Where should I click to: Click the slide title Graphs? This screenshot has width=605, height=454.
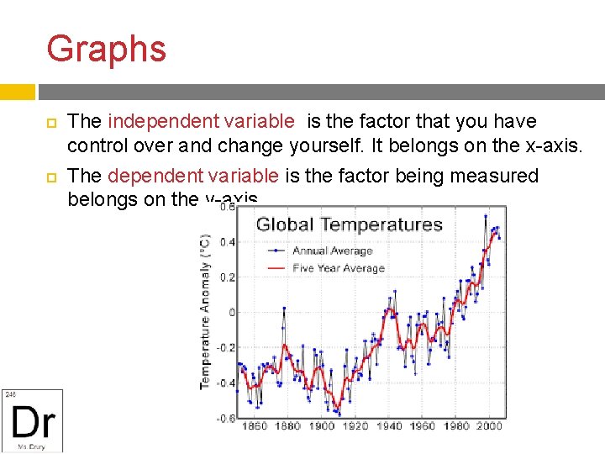(x=107, y=49)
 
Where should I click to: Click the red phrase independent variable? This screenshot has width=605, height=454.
(x=202, y=122)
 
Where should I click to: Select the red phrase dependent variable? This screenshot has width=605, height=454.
(x=193, y=176)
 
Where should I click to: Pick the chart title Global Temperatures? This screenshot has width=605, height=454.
(x=349, y=224)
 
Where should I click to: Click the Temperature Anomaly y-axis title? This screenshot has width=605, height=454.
(x=204, y=312)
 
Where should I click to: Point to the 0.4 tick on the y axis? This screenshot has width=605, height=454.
(x=227, y=242)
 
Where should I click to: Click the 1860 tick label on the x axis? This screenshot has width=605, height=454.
(x=254, y=426)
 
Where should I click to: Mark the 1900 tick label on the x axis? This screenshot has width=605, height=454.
(x=321, y=426)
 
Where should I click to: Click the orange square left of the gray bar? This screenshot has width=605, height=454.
(x=17, y=92)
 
